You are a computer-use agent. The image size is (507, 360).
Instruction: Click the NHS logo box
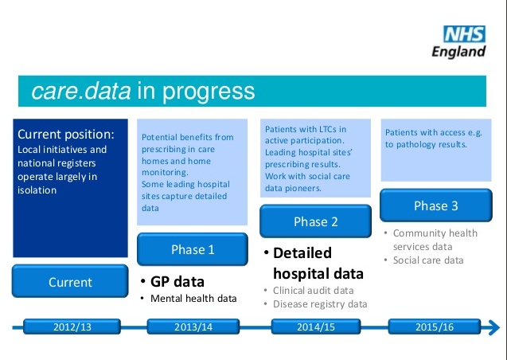point(464,34)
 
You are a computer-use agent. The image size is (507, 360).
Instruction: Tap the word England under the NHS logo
point(458,52)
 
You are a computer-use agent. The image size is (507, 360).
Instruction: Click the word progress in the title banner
point(209,92)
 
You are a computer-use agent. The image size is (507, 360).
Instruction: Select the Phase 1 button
point(193,249)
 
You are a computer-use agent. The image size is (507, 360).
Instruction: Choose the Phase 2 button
point(315,221)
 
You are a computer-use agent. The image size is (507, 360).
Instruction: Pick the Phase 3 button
point(436,205)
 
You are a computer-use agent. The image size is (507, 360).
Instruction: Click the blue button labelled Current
point(70,281)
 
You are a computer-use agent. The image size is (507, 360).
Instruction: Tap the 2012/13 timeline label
point(72,327)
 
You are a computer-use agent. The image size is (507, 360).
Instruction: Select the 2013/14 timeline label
point(193,327)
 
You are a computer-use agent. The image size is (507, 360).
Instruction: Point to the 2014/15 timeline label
point(316,327)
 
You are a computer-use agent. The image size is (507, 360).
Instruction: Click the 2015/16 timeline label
point(435,327)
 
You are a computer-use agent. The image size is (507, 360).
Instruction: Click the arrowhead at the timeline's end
point(493,327)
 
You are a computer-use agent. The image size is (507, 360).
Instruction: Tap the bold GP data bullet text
point(177,281)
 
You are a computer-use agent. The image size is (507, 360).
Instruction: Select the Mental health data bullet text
point(193,298)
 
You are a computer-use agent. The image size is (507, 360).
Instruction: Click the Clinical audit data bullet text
point(313,291)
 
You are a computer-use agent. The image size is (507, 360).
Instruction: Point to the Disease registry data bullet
point(320,304)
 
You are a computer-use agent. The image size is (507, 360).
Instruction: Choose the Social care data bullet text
point(428,260)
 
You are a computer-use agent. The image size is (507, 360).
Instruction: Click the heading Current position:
point(66,135)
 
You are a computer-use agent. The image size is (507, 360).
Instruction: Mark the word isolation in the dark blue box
point(37,190)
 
